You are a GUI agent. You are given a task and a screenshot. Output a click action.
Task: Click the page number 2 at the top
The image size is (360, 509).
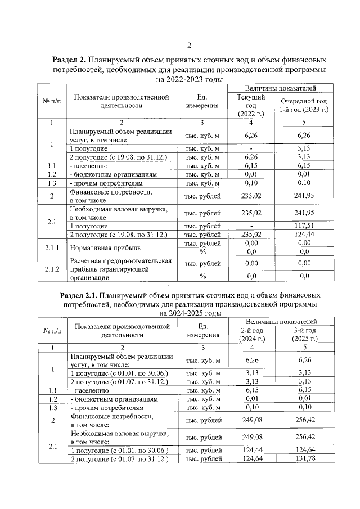pos(189,46)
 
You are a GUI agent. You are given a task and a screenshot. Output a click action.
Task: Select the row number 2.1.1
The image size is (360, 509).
pos(51,247)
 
